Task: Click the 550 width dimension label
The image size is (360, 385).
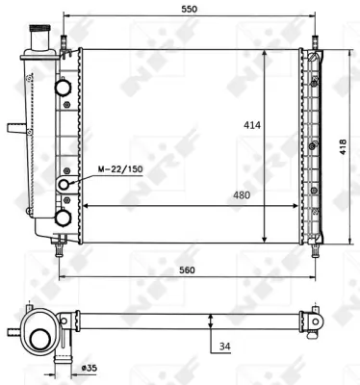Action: pyautogui.click(x=189, y=9)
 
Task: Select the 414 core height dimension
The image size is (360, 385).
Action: pyautogui.click(x=249, y=125)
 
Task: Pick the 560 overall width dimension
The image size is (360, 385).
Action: pyautogui.click(x=188, y=270)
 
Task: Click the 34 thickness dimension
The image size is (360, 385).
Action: pyautogui.click(x=225, y=347)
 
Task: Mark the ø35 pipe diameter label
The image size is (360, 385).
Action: pyautogui.click(x=90, y=367)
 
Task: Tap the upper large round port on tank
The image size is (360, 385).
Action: pyautogui.click(x=64, y=88)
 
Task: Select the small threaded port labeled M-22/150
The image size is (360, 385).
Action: pyautogui.click(x=65, y=184)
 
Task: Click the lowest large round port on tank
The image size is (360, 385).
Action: pyautogui.click(x=64, y=218)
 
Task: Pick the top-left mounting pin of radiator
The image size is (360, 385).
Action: pyautogui.click(x=64, y=42)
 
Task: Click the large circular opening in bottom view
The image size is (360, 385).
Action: pyautogui.click(x=41, y=340)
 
